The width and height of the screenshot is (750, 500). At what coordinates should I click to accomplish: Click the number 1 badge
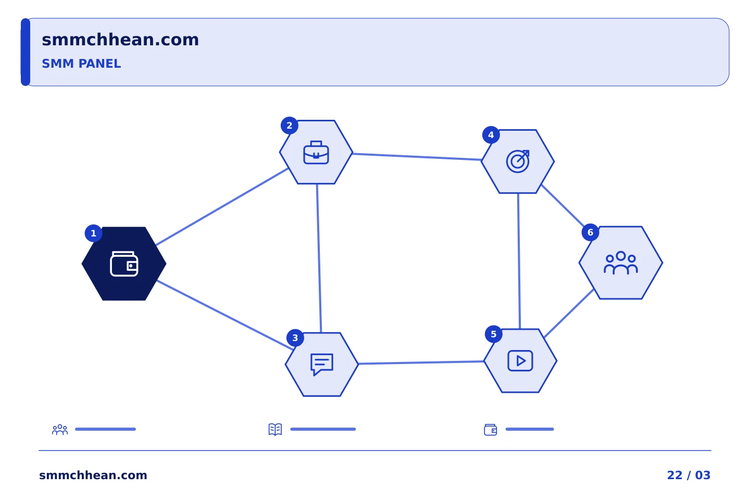tap(93, 233)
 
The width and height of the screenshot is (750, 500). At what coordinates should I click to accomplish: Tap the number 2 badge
tap(290, 126)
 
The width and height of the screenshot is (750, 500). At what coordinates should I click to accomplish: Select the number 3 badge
tap(295, 338)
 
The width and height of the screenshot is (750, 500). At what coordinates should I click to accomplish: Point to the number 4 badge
tap(491, 135)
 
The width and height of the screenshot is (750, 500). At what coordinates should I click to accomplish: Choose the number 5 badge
tap(494, 334)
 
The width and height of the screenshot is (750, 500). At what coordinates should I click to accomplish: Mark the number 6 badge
tap(590, 232)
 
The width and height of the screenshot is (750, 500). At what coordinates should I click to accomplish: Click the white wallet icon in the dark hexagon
tap(124, 264)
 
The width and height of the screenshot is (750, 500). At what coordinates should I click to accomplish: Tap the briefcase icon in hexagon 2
tap(316, 153)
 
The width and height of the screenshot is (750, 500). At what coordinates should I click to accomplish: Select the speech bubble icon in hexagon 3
tap(322, 365)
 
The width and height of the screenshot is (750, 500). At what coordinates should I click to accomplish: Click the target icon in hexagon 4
tap(518, 161)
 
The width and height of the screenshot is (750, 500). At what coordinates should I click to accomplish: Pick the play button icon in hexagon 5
tap(520, 361)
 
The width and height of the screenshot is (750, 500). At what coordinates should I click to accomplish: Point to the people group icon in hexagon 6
tap(621, 263)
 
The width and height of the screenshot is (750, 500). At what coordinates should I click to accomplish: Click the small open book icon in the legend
tap(275, 429)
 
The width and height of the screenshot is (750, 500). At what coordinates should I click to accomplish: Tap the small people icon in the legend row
tap(60, 429)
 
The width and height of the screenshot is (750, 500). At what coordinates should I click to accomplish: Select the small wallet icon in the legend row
tap(491, 430)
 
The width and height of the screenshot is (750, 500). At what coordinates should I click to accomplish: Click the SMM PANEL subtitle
tap(81, 64)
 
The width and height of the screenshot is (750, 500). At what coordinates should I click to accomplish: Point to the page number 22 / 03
tap(689, 475)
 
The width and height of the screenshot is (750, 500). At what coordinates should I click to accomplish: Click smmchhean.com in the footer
tap(93, 475)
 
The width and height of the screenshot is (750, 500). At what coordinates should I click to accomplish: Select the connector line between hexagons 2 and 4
tap(417, 157)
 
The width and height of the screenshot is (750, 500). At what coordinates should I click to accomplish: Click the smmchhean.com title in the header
tap(120, 40)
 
